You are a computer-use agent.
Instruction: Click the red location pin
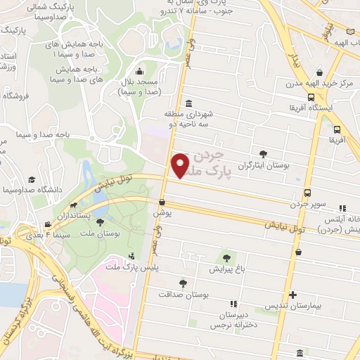(180, 166)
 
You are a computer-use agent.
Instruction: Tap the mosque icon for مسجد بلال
(139, 71)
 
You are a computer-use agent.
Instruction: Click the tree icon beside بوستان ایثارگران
(263, 153)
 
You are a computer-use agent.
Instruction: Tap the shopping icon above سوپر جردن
(307, 193)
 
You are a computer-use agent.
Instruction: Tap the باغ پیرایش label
(226, 269)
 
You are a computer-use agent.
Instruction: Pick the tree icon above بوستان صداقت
(183, 284)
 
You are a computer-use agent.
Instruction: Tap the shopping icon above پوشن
(162, 200)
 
